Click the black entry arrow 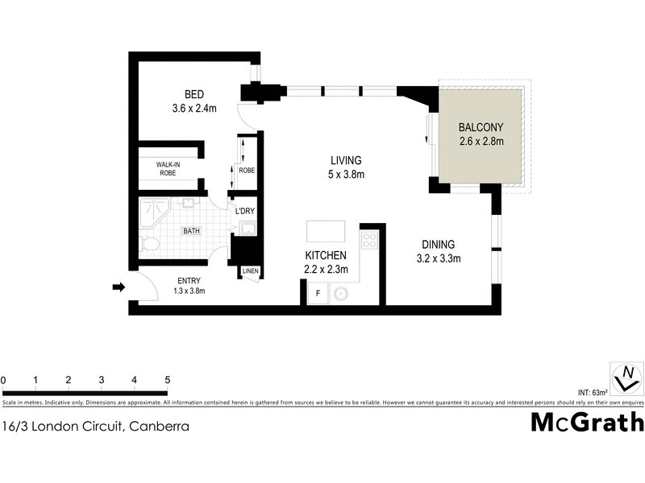118,287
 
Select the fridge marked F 318,293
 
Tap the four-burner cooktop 369,240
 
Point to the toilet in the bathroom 149,242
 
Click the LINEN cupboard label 250,271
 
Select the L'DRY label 245,212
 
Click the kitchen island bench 325,232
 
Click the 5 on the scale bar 167,380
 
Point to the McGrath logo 587,422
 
